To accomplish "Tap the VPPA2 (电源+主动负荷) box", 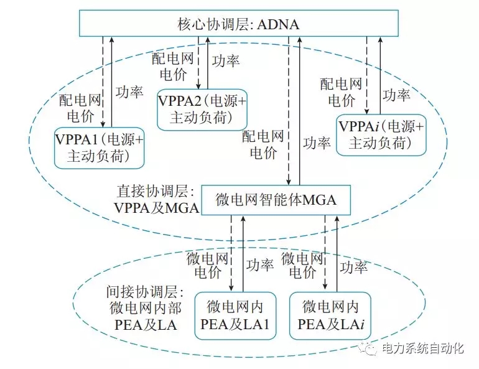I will [x=202, y=109].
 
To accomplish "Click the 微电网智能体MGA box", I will [x=275, y=200].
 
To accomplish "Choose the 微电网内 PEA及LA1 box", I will [x=235, y=315].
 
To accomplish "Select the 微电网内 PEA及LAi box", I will [x=330, y=315].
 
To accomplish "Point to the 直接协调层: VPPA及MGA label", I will [x=156, y=200].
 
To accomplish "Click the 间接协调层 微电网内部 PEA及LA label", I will [x=144, y=308].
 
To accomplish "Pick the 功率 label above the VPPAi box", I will [x=396, y=95].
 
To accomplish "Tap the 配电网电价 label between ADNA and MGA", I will [x=263, y=143].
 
